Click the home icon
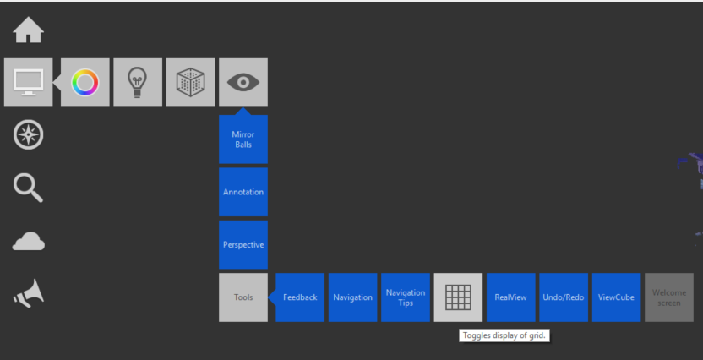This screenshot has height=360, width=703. click(28, 30)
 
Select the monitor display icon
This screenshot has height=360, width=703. click(28, 82)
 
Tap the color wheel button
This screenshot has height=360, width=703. click(85, 82)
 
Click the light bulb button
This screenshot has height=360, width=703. click(138, 82)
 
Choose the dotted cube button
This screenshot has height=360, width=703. click(190, 82)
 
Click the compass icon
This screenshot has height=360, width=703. click(28, 135)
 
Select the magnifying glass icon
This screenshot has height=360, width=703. click(28, 188)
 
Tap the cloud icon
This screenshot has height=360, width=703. click(28, 243)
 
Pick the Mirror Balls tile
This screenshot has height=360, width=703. click(243, 139)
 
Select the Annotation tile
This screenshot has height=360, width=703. click(243, 192)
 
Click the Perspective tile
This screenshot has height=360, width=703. click(243, 245)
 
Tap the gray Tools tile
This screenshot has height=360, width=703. click(243, 297)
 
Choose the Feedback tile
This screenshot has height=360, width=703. click(300, 297)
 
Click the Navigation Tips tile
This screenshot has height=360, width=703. click(406, 297)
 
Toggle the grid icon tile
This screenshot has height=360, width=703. click(458, 297)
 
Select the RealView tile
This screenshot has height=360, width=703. click(510, 297)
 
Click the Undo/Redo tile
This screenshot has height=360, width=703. click(564, 297)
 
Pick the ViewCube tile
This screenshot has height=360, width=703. click(616, 297)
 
